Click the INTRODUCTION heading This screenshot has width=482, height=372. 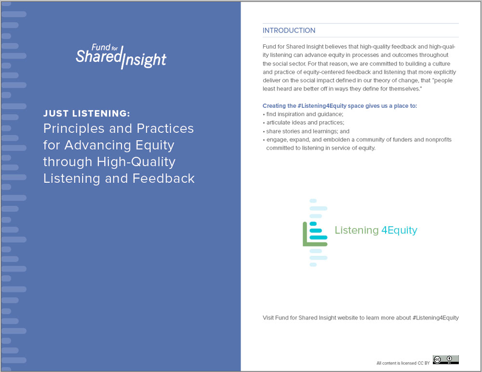tap(289, 30)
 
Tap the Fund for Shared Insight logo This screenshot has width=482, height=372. tap(121, 56)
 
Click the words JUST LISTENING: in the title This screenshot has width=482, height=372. tap(86, 113)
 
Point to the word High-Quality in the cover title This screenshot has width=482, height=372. tap(136, 162)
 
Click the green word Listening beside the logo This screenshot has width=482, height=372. tap(357, 230)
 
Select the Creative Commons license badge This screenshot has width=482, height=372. tap(446, 359)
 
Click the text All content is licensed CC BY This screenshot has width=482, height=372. tap(403, 363)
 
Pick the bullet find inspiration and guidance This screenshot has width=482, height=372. tap(303, 114)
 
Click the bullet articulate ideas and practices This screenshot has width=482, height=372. tap(303, 122)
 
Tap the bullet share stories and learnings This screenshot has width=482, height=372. tap(306, 131)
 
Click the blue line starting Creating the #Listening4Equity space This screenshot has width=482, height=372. tap(340, 106)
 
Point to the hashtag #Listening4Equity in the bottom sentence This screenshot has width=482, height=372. tap(436, 318)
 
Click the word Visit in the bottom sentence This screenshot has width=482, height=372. tap(268, 318)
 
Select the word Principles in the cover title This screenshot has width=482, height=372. tap(74, 128)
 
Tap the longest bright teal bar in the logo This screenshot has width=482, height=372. tap(319, 237)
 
